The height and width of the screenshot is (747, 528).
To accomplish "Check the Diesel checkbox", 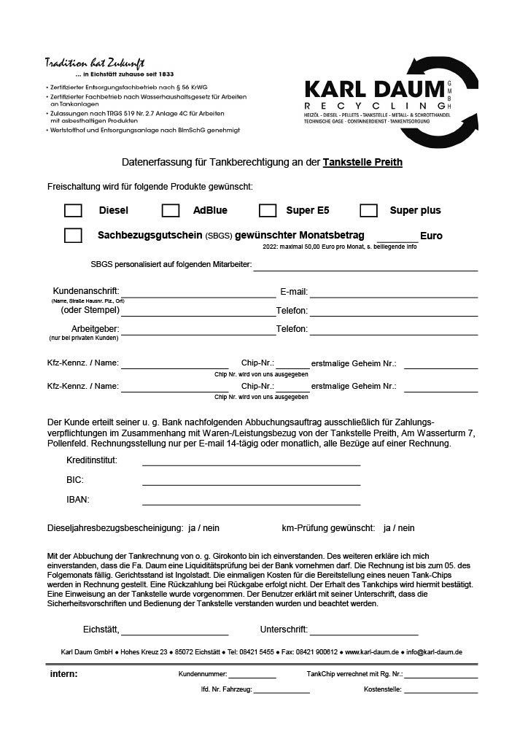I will coord(73,210).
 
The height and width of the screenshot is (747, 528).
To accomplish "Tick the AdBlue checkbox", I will coord(171,210).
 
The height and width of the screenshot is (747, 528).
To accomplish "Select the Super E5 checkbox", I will coord(268,210).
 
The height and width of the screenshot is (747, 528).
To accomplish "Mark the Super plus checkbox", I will coord(368,210).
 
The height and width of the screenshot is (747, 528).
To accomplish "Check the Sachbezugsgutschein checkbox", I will coord(73,236).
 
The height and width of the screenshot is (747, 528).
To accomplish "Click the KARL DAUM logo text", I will coord(374,90).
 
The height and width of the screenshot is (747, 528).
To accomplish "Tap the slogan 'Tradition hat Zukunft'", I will coord(95,62).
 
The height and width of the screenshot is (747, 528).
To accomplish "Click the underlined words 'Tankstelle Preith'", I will coord(362,162).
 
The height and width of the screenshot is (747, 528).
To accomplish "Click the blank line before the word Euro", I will coord(397,239).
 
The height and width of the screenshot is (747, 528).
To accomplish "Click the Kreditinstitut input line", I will coord(251,462).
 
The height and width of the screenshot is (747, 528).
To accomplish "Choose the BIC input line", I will coord(251,482).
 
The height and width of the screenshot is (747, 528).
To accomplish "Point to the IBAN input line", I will coord(251,502).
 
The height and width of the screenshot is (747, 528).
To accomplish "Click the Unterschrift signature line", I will coord(364,632).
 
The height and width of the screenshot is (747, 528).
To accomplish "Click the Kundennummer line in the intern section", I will coord(252,676).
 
